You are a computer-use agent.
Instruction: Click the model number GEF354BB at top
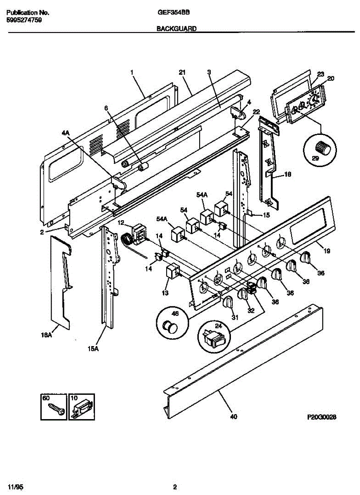tap(174, 12)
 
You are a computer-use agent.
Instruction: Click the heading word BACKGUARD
tap(176, 29)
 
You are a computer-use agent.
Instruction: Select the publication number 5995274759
tap(24, 19)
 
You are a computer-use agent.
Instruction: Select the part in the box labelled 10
tap(82, 409)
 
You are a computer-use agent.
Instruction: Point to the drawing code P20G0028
tap(322, 417)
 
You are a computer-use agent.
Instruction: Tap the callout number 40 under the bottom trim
tap(233, 417)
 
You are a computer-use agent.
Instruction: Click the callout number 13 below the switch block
tap(165, 293)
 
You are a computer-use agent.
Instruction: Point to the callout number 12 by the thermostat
tap(121, 223)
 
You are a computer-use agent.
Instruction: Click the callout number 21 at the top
tap(182, 73)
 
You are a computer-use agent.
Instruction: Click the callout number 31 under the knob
tap(235, 317)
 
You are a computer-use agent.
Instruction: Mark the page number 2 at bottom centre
tap(175, 487)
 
